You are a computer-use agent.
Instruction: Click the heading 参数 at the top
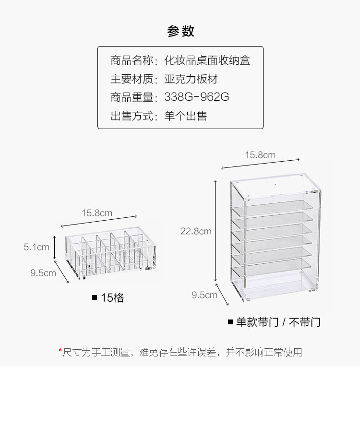point(180,32)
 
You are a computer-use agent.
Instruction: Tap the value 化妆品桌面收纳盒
point(207,61)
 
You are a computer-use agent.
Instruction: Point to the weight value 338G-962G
point(196,97)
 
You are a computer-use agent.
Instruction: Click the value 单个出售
point(185,116)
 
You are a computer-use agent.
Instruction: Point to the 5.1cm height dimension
point(36,248)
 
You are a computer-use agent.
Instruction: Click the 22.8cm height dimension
point(196,231)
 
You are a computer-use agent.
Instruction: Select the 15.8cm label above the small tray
point(96,213)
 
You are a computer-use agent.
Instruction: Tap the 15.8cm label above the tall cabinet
point(260,154)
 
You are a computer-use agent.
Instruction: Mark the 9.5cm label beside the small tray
point(43,273)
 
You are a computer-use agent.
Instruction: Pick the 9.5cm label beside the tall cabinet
point(204,295)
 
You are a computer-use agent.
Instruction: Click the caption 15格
point(112,298)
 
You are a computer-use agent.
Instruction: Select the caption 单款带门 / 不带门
point(278,322)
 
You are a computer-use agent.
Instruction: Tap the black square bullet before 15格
point(95,297)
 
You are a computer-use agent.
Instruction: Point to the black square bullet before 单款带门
point(230,321)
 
